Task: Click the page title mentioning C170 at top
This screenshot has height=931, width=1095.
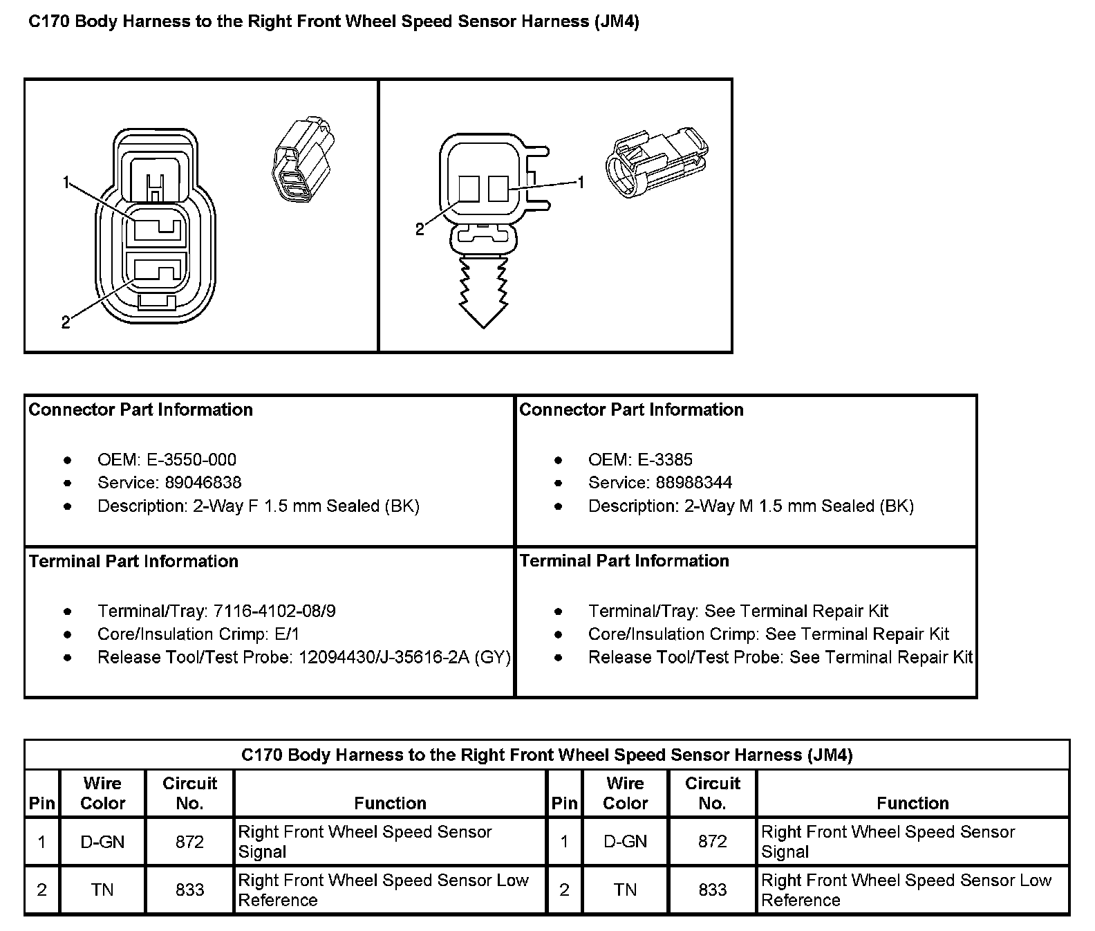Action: pyautogui.click(x=333, y=21)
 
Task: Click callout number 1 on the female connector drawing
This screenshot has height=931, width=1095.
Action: pyautogui.click(x=66, y=183)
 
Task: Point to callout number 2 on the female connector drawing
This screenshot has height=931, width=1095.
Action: pyautogui.click(x=66, y=322)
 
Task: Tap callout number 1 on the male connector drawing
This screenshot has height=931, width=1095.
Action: pyautogui.click(x=581, y=182)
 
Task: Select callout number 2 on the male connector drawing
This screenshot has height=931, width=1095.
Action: pyautogui.click(x=420, y=230)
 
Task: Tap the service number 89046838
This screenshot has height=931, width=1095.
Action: pyautogui.click(x=194, y=483)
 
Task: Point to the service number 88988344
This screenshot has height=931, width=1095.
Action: pyautogui.click(x=693, y=483)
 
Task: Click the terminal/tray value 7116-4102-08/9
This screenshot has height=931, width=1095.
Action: pyautogui.click(x=274, y=611)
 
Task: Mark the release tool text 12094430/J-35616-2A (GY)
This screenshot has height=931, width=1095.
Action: pyautogui.click(x=404, y=657)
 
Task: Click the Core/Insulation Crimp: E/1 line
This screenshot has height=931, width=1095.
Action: pyautogui.click(x=198, y=634)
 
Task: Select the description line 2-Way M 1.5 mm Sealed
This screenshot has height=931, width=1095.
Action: pyautogui.click(x=751, y=506)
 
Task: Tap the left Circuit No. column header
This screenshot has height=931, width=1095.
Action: pyautogui.click(x=189, y=793)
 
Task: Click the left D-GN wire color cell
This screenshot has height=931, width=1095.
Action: pyautogui.click(x=102, y=842)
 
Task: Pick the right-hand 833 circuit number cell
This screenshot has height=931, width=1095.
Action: pyautogui.click(x=712, y=889)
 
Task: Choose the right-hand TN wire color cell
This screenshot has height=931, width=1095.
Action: pyautogui.click(x=625, y=889)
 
